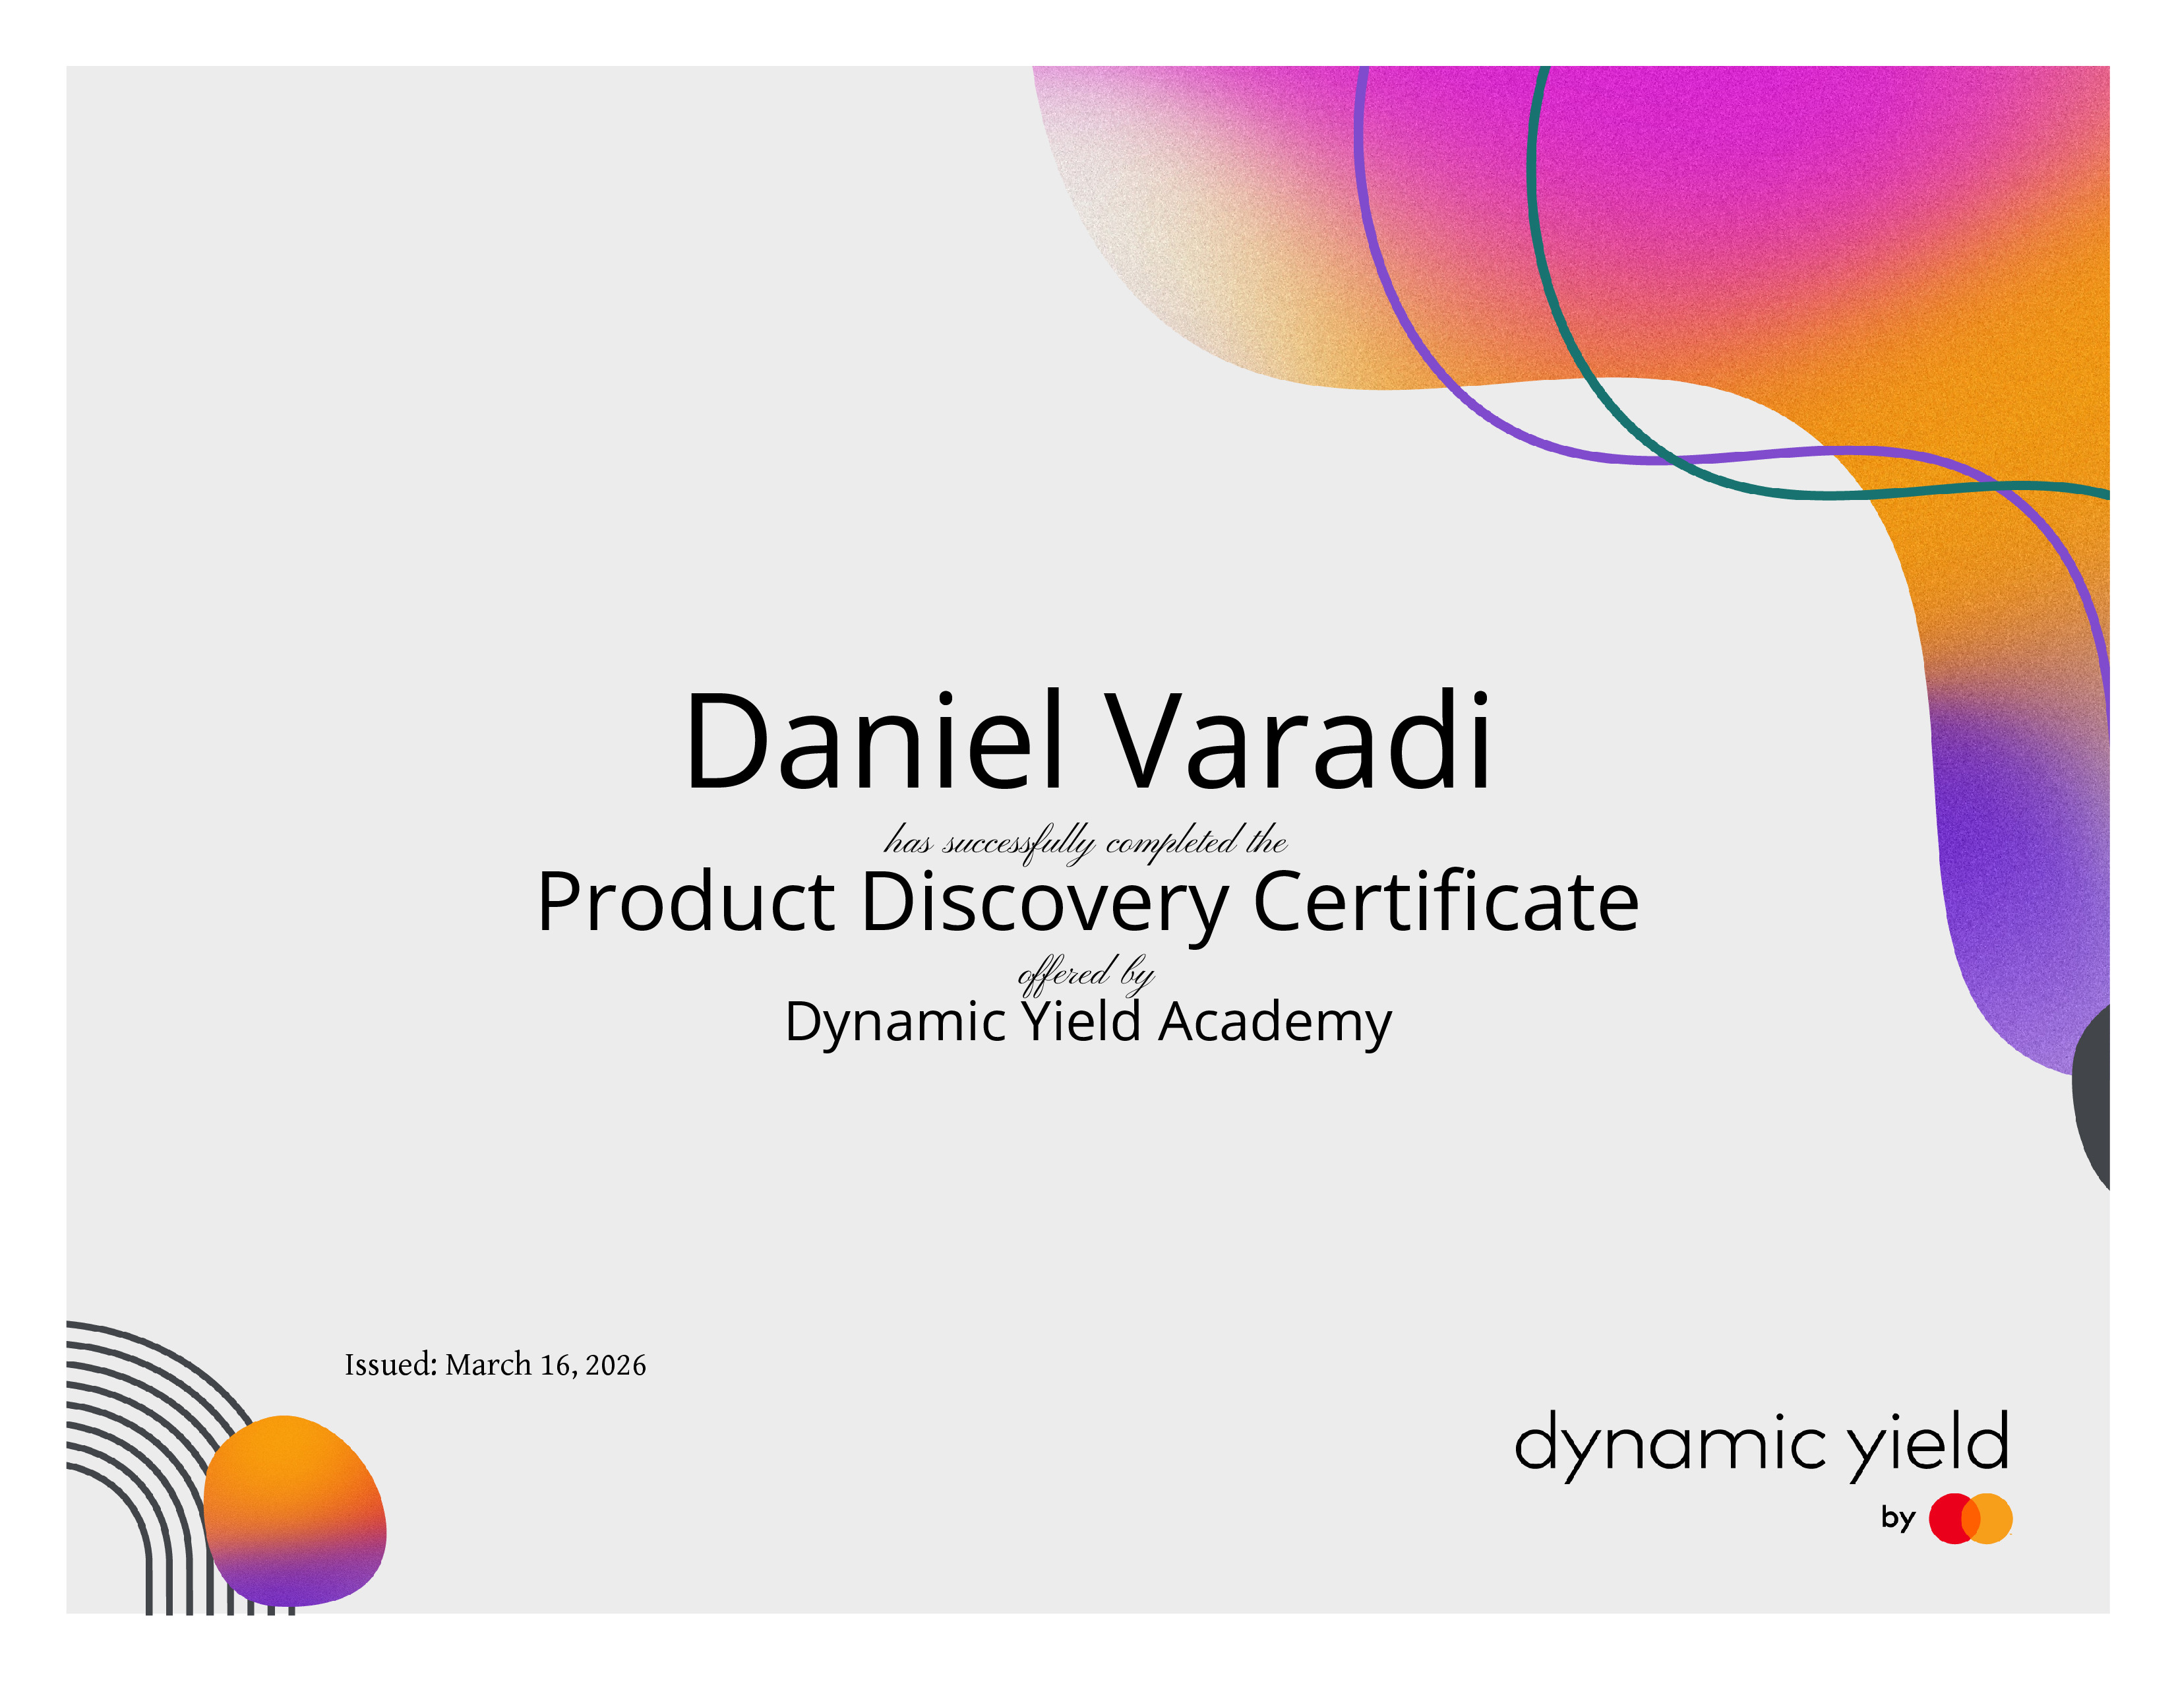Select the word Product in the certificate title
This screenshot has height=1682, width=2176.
(x=686, y=902)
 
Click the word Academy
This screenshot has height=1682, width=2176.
(x=1275, y=1023)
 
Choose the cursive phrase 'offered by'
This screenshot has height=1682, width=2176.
(x=1086, y=972)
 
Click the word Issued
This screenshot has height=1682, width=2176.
(x=390, y=1365)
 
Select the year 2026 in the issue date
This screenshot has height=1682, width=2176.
(x=616, y=1365)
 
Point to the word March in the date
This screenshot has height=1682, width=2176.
(x=488, y=1365)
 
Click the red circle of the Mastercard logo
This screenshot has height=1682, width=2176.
(x=1953, y=1518)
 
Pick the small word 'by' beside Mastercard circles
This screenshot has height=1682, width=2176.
(x=1898, y=1518)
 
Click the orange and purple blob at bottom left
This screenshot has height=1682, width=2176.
(x=295, y=1511)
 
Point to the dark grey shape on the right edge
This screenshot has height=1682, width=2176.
(x=2092, y=1096)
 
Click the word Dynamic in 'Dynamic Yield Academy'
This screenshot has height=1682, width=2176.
(x=895, y=1023)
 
